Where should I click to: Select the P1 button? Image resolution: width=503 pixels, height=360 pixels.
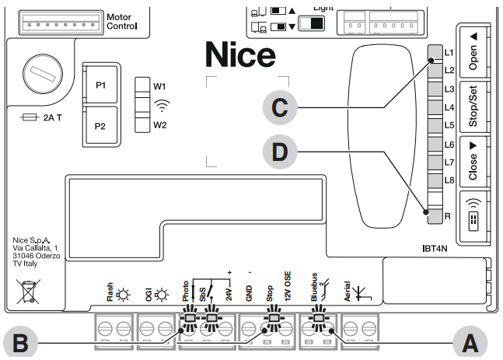click(101, 86)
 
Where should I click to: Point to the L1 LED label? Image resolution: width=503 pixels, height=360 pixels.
click(448, 54)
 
